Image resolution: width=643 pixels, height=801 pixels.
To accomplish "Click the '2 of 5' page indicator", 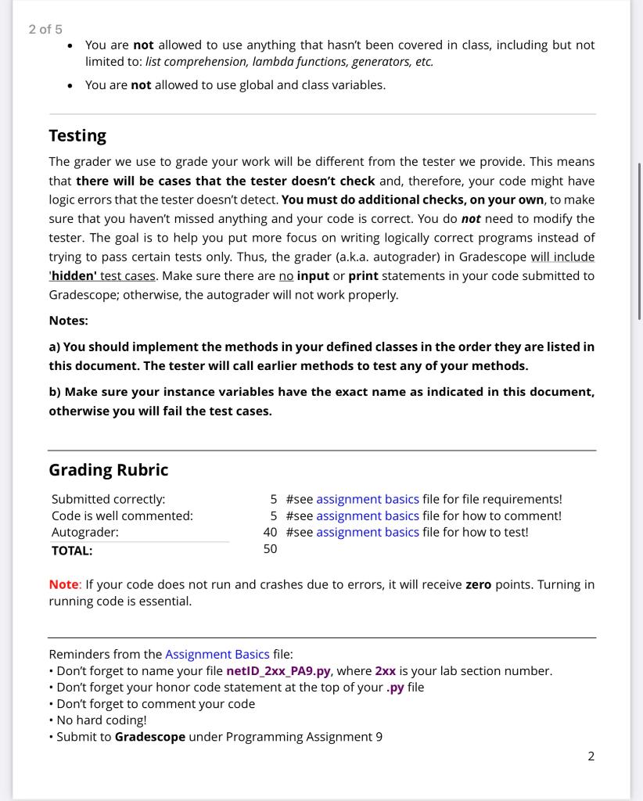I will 45,29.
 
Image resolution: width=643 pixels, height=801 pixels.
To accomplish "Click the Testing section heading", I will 77,135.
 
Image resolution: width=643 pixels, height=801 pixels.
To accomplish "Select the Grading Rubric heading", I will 108,469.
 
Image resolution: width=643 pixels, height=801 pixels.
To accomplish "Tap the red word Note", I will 63,584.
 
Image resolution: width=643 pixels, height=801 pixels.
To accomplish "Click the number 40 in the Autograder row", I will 270,532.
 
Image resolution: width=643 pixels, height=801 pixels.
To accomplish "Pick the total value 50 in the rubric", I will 270,549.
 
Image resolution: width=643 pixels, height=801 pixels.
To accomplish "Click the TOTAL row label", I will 72,550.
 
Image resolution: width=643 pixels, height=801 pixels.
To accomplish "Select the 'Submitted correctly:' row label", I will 108,499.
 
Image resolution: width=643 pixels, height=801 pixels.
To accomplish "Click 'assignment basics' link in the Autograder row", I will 367,532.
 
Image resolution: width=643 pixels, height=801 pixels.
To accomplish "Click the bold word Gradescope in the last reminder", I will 149,737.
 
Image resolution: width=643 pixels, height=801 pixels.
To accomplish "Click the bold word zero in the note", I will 478,584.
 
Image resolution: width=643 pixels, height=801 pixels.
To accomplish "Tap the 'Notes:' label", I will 68,321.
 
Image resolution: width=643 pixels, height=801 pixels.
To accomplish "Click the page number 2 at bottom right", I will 591,756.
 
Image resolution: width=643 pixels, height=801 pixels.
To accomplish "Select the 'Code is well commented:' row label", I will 122,515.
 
